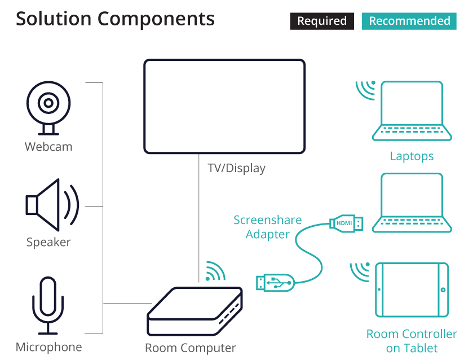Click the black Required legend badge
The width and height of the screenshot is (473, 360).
tap(322, 21)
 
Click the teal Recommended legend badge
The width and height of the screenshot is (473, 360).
tap(409, 21)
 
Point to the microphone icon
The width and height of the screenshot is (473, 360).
tap(48, 305)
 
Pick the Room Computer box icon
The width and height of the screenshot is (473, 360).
tap(195, 311)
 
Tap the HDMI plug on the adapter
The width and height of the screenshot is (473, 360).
tap(346, 223)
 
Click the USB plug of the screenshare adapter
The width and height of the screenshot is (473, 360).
tap(275, 283)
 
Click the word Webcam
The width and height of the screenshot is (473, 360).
tap(48, 147)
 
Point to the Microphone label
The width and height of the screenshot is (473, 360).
tap(49, 347)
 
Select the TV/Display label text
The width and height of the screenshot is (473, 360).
tap(237, 168)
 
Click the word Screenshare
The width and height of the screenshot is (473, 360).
tap(268, 220)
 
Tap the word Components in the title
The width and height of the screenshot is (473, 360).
tap(156, 19)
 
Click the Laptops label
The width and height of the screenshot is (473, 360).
tap(412, 156)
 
